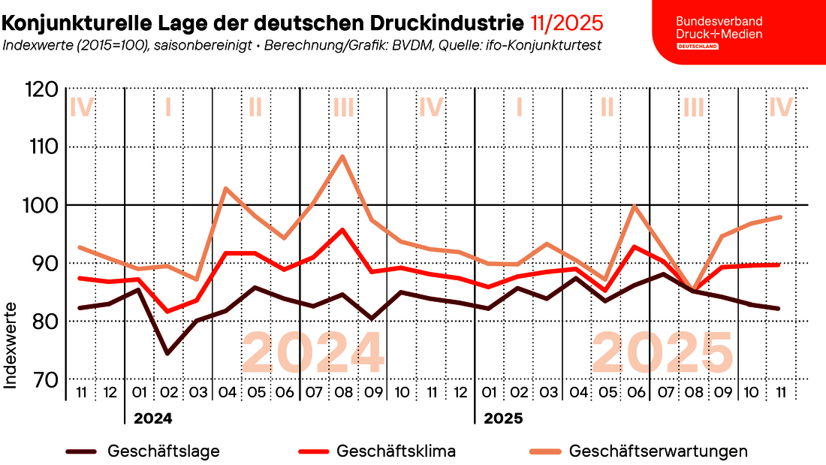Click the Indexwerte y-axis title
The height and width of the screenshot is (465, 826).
(x=11, y=345)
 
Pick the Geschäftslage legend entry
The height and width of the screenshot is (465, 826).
(x=143, y=451)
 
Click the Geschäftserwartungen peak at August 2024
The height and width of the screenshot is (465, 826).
(x=342, y=156)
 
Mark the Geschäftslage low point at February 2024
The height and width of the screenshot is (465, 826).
(x=167, y=353)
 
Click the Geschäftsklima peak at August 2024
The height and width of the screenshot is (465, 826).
(x=342, y=230)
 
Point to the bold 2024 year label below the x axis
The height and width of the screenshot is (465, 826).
(x=152, y=418)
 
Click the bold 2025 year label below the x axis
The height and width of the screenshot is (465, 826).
(x=503, y=418)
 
